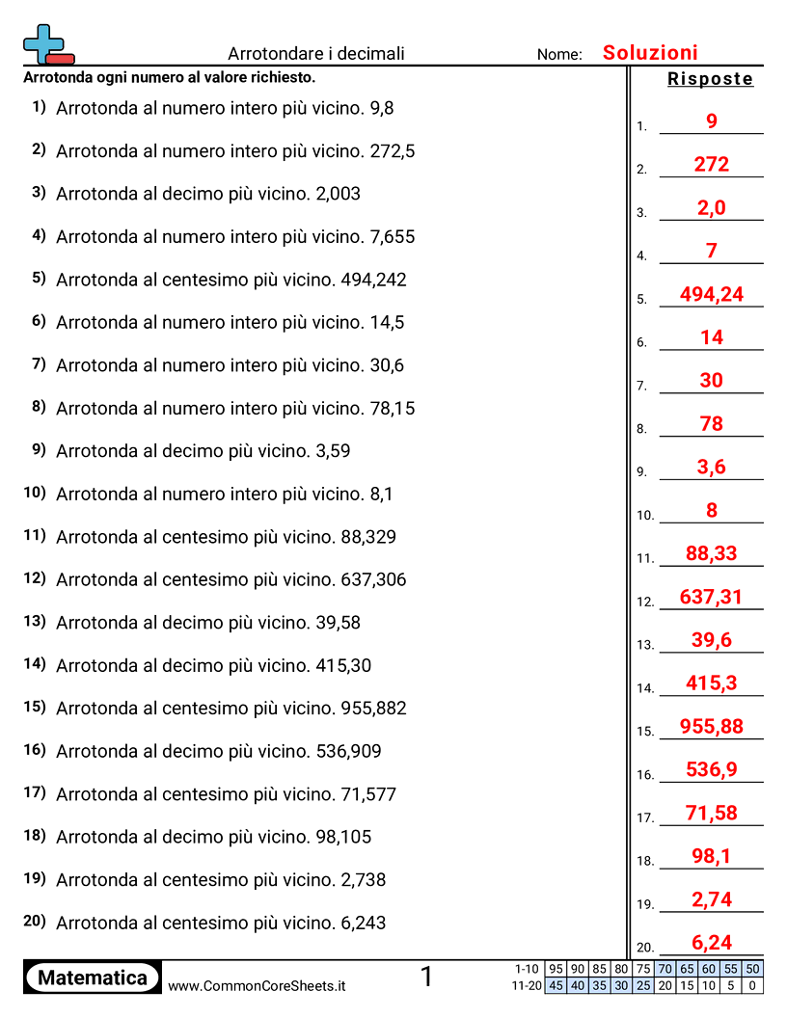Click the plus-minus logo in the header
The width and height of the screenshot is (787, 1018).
tap(47, 44)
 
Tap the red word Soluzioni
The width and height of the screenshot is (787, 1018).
tap(650, 53)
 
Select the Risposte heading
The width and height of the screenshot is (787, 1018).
tap(710, 79)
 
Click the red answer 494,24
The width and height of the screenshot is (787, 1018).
tap(712, 294)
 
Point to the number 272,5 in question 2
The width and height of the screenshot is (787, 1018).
tap(393, 151)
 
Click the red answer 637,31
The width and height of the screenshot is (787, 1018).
tap(712, 597)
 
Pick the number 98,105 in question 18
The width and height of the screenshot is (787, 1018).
tap(343, 838)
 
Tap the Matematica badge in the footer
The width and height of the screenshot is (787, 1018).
tap(93, 978)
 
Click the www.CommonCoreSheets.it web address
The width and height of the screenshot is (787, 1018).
tap(257, 986)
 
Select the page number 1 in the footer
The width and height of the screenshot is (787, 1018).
tap(426, 978)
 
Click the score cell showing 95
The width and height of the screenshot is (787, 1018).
tap(556, 969)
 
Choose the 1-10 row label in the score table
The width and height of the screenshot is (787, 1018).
tap(527, 969)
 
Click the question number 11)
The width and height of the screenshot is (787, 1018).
tap(35, 535)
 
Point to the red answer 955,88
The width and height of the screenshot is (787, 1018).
tap(712, 726)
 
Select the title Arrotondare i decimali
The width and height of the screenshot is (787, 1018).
tap(316, 54)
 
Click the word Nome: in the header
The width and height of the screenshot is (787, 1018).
tap(559, 55)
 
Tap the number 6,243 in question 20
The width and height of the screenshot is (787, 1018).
tap(364, 924)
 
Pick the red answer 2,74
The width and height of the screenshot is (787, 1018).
tap(712, 899)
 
